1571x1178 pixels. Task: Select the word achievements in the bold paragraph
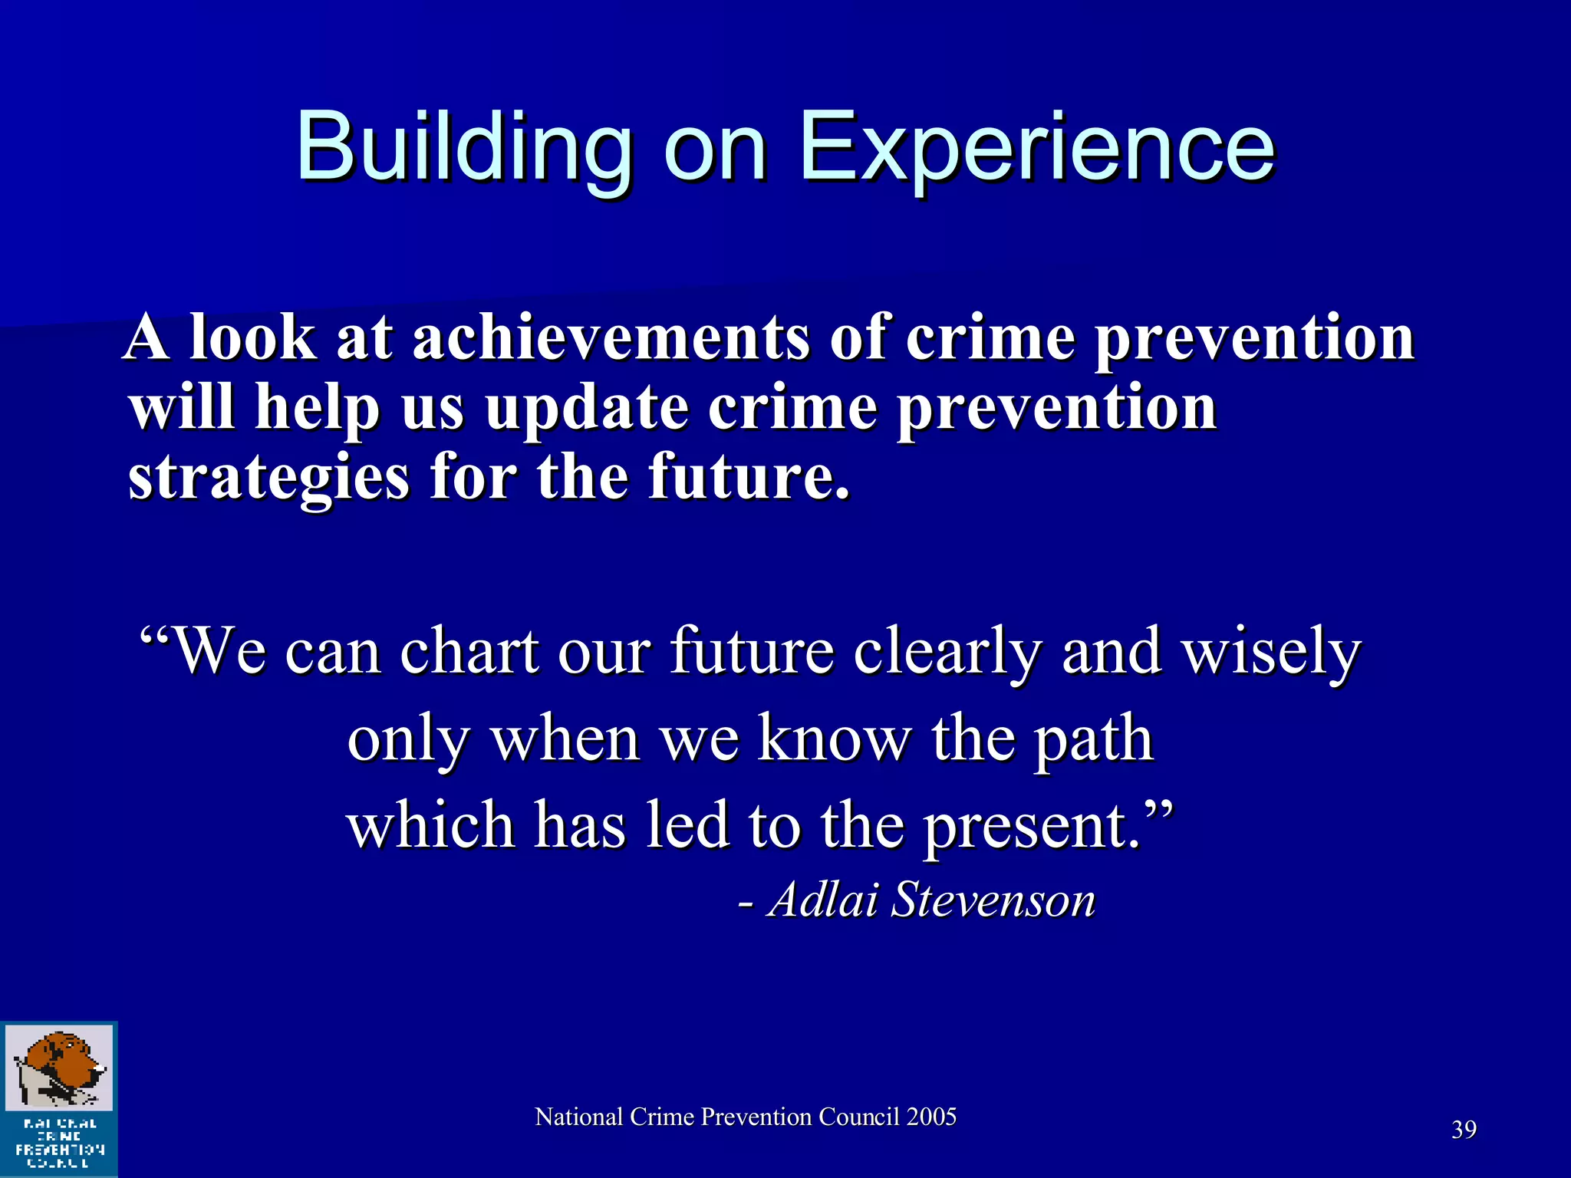click(610, 337)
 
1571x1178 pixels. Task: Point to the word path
click(1093, 739)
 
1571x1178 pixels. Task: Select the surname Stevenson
click(993, 899)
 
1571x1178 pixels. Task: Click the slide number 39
click(1464, 1130)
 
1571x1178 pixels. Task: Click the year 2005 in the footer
click(931, 1117)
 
